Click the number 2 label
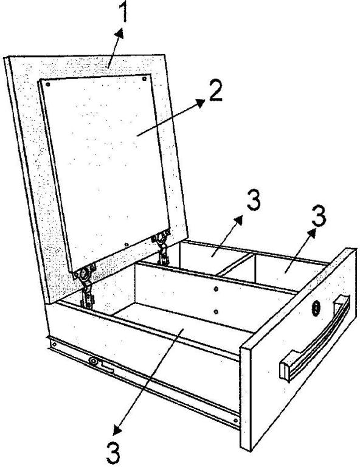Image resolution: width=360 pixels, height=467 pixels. [216, 91]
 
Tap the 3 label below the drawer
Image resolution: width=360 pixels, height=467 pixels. [114, 453]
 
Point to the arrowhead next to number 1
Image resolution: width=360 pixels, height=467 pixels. [120, 33]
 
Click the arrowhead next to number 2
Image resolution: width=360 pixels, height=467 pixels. [201, 103]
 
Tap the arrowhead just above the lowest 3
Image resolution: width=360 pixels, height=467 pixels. [117, 431]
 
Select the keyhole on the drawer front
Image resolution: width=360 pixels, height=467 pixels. [316, 309]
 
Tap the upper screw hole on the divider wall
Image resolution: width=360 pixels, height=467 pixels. [216, 289]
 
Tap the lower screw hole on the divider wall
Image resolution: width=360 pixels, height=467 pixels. [216, 312]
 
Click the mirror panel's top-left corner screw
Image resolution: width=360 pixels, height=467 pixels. [47, 85]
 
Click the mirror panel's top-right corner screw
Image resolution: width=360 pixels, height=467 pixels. [144, 78]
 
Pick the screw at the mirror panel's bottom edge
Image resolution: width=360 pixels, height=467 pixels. [126, 245]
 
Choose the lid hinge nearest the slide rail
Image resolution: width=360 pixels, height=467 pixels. [86, 286]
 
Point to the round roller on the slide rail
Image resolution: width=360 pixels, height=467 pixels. [94, 361]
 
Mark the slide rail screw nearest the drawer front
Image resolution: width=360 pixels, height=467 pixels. [235, 421]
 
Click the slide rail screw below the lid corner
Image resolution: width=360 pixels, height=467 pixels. [54, 345]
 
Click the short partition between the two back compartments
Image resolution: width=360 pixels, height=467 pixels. [235, 263]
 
